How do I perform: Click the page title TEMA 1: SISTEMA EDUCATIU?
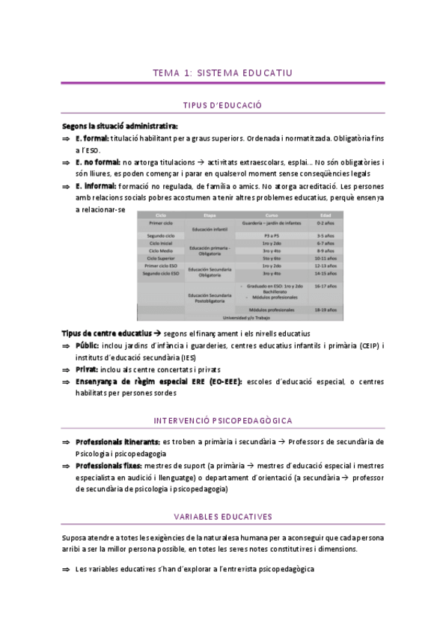point(222,73)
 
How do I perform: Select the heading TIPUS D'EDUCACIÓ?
point(222,106)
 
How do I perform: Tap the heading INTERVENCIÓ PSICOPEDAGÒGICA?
point(222,421)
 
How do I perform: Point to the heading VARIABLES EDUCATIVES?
point(222,517)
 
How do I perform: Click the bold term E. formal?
point(92,138)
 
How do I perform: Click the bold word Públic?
point(88,345)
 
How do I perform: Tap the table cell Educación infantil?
point(210,229)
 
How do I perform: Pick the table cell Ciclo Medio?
point(161,250)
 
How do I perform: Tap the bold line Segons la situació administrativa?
point(119,126)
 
